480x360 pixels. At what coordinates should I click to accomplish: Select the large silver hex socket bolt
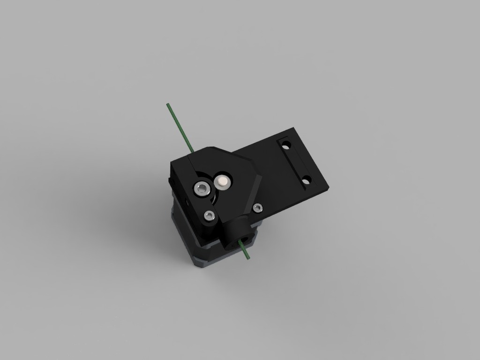tap(202, 189)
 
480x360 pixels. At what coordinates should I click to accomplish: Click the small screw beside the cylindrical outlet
tap(210, 216)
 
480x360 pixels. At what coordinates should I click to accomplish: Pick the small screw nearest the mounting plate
tap(257, 208)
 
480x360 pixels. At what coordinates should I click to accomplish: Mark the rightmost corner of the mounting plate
tap(329, 187)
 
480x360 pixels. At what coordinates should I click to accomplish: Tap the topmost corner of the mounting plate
tap(293, 127)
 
